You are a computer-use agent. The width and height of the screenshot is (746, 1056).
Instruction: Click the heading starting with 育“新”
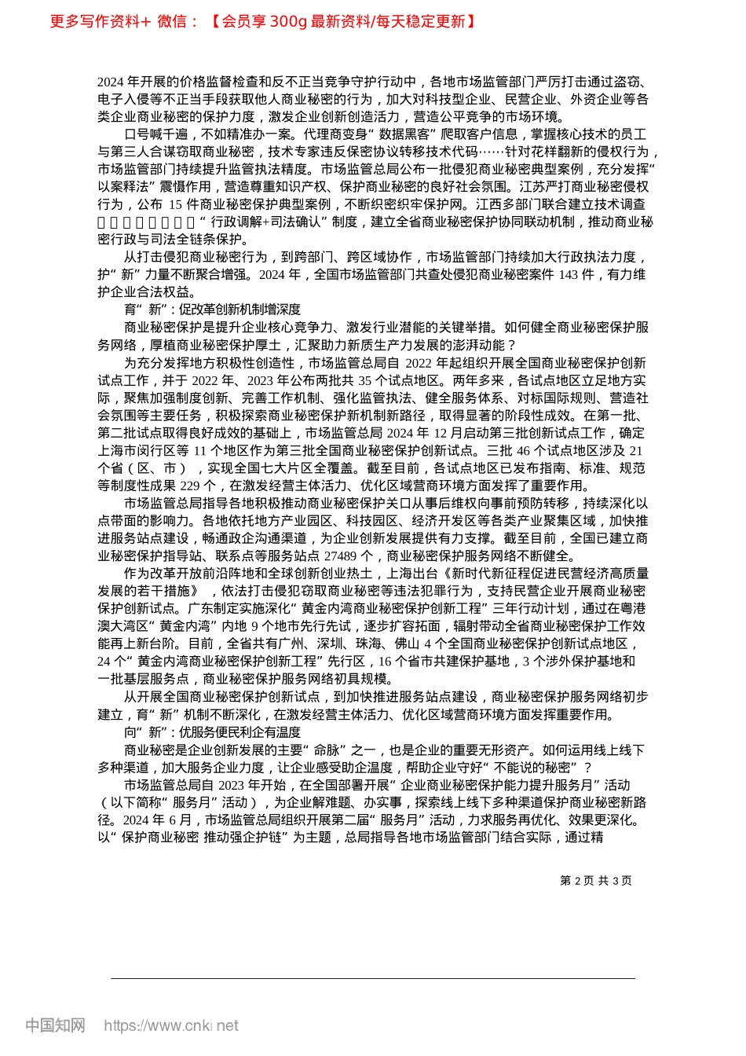(x=212, y=310)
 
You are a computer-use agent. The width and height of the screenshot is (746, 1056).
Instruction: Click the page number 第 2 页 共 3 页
(x=596, y=881)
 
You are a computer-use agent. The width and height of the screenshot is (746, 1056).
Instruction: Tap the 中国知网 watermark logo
(x=55, y=1025)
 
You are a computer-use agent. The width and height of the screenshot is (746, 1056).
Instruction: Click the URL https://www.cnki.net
(x=171, y=1025)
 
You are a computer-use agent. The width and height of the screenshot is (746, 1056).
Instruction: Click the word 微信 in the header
(x=172, y=21)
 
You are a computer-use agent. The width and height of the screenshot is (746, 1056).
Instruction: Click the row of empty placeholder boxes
(x=146, y=222)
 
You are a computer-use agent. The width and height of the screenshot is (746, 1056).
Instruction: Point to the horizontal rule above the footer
(x=373, y=978)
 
